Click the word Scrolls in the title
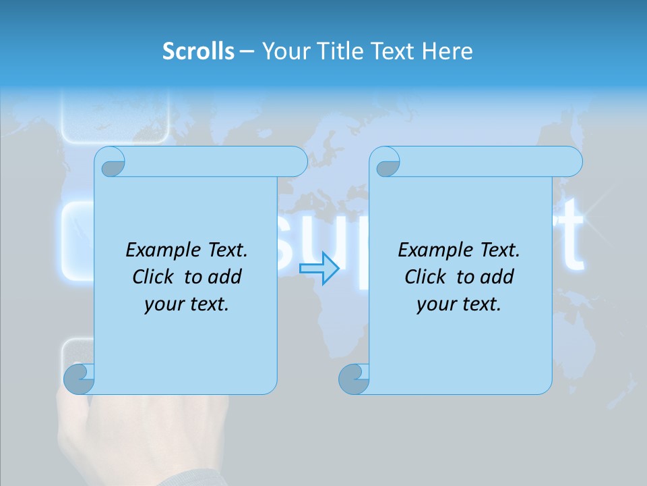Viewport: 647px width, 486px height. pyautogui.click(x=198, y=51)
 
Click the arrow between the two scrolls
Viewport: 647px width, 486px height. pyautogui.click(x=319, y=268)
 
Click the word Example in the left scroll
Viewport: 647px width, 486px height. pyautogui.click(x=159, y=250)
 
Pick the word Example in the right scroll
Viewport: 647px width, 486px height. pyautogui.click(x=431, y=250)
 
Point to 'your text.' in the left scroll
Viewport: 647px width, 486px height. pyautogui.click(x=187, y=304)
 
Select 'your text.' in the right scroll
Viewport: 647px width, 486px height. pyautogui.click(x=459, y=304)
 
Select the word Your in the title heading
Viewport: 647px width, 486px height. pyautogui.click(x=284, y=51)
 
